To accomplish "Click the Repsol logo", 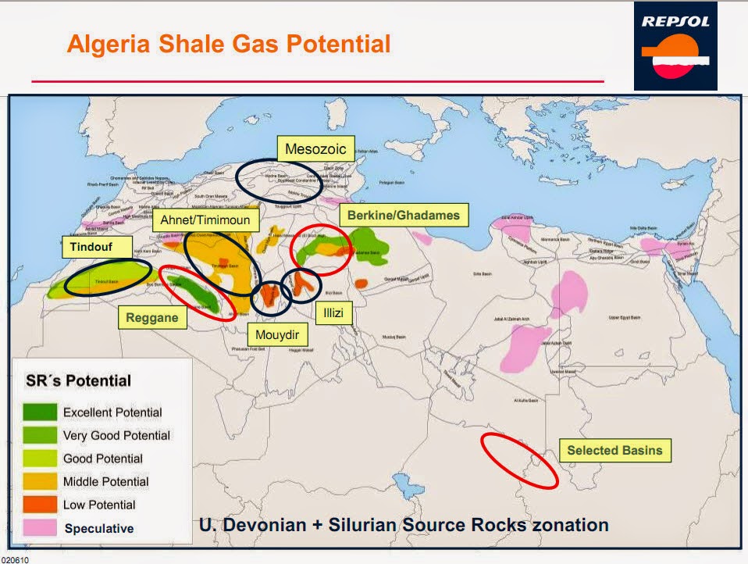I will pyautogui.click(x=675, y=45).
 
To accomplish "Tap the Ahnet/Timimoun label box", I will pyautogui.click(x=205, y=220).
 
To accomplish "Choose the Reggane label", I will pyautogui.click(x=152, y=318).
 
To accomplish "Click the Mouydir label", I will pyautogui.click(x=278, y=336).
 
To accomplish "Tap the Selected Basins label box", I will pyautogui.click(x=614, y=450).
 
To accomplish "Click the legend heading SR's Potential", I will pyautogui.click(x=74, y=381).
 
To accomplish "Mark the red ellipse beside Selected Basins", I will pyautogui.click(x=519, y=461).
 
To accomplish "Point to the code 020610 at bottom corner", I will pyautogui.click(x=13, y=559).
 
